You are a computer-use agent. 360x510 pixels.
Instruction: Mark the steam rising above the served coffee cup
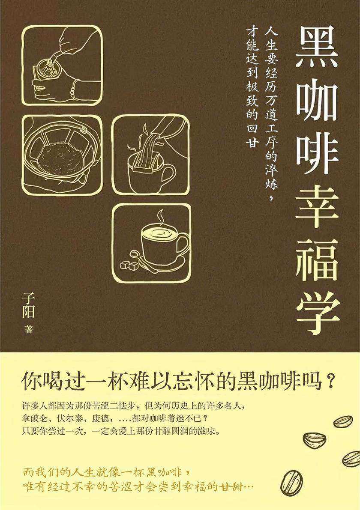(160, 218)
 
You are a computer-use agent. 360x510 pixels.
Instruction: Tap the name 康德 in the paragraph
(108, 418)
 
